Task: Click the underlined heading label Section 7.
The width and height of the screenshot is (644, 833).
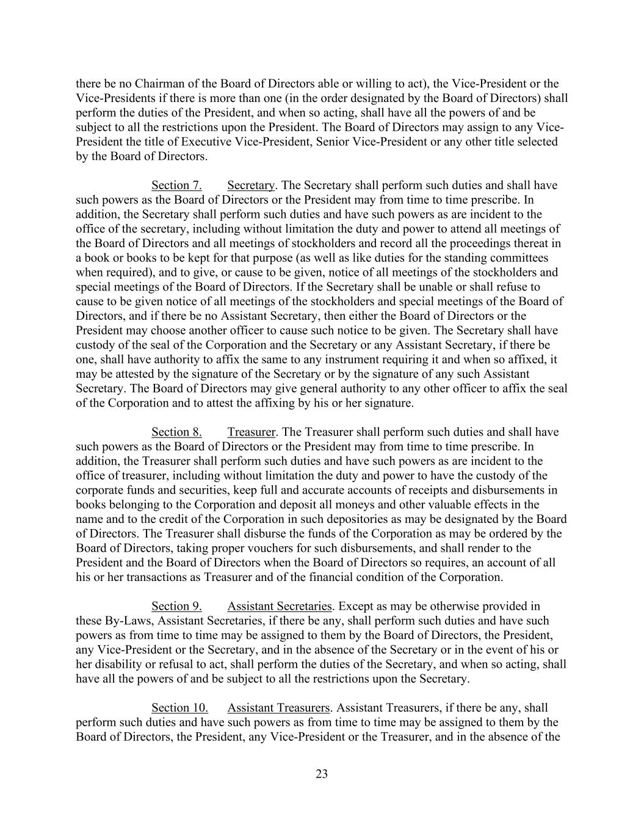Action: (176, 186)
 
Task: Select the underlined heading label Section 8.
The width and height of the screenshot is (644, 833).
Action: (176, 432)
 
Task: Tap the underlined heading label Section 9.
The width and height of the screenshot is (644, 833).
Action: (176, 606)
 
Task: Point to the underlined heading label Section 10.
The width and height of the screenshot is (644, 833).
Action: (179, 708)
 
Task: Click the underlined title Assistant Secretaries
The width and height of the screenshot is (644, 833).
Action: (280, 606)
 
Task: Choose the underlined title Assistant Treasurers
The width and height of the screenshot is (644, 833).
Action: (278, 708)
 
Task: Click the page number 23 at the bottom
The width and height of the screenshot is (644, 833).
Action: (322, 774)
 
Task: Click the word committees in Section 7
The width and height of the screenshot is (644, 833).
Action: (515, 258)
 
